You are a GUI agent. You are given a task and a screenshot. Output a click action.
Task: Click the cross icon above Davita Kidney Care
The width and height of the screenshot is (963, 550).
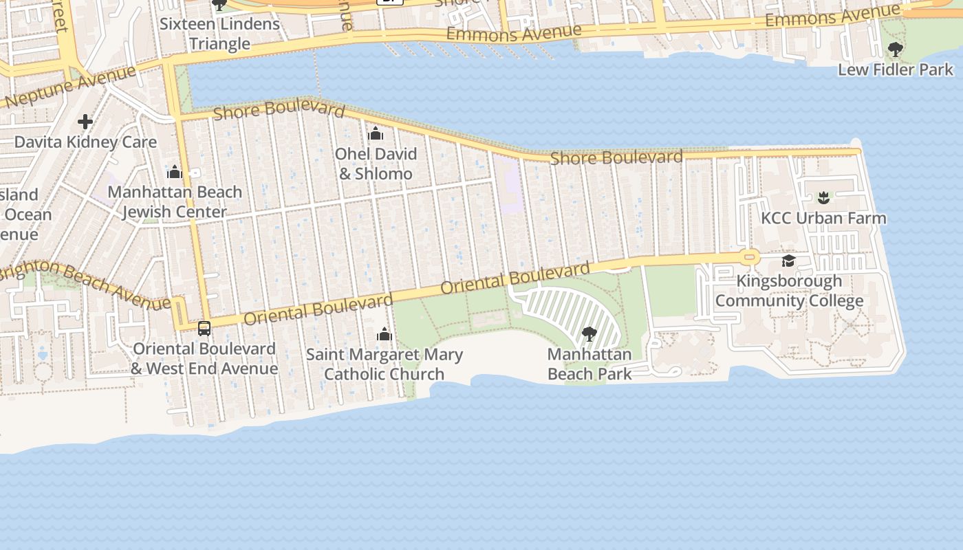point(85,122)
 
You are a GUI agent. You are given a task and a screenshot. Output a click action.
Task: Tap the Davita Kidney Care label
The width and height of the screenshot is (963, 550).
point(86,142)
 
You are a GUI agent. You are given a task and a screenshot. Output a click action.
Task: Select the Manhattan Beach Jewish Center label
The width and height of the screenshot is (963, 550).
point(175,202)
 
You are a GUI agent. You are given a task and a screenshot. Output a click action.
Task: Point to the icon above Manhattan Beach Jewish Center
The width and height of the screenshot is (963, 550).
point(175,172)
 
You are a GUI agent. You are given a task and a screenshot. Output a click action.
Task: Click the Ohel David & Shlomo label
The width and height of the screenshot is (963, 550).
point(376,164)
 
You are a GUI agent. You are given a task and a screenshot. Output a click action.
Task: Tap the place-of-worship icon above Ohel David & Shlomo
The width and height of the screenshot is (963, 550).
point(376,133)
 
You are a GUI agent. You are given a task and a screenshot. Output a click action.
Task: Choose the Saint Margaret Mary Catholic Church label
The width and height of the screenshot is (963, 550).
point(384,364)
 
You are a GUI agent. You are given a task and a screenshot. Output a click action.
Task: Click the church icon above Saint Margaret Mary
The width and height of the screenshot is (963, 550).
point(384,335)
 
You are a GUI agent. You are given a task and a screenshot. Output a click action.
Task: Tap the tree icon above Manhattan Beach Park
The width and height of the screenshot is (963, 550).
point(589,335)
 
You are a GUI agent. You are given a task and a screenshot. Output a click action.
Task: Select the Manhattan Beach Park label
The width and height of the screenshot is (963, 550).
point(589,364)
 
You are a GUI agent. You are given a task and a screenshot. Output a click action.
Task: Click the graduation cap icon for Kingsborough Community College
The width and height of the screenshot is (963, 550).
point(788,261)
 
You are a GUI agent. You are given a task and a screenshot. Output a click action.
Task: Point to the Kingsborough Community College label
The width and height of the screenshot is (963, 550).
point(789,291)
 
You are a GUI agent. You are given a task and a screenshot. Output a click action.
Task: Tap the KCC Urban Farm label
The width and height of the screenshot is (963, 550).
point(823,218)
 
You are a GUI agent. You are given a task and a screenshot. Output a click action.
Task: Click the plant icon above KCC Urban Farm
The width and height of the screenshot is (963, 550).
point(823,199)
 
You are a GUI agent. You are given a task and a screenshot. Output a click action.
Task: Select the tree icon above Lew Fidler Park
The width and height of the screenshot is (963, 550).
point(895,49)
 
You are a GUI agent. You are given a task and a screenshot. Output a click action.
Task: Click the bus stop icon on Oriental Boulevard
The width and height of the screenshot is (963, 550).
point(204,329)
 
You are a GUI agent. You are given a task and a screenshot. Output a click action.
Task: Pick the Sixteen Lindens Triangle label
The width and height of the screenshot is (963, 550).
point(219,34)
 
